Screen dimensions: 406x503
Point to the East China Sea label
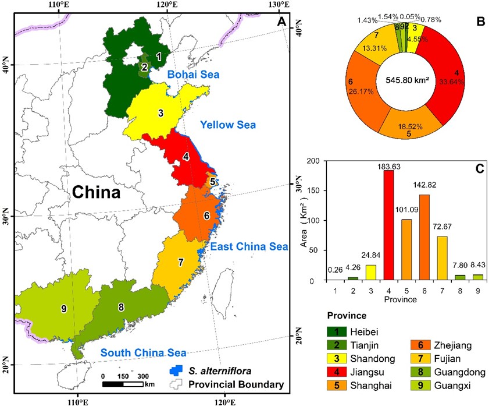(x=249, y=247)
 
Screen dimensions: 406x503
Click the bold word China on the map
(x=96, y=192)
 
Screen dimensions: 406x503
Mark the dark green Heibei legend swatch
(x=336, y=331)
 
